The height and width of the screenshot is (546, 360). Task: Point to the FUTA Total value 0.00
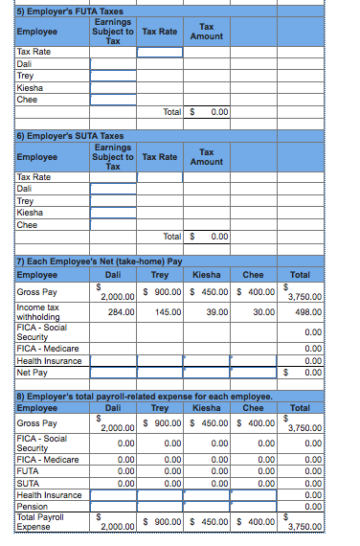coord(217,112)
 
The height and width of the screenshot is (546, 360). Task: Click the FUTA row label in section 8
coord(28,473)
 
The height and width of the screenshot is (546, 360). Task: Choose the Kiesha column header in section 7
coord(207,275)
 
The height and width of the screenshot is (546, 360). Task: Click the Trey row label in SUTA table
coord(26,201)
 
